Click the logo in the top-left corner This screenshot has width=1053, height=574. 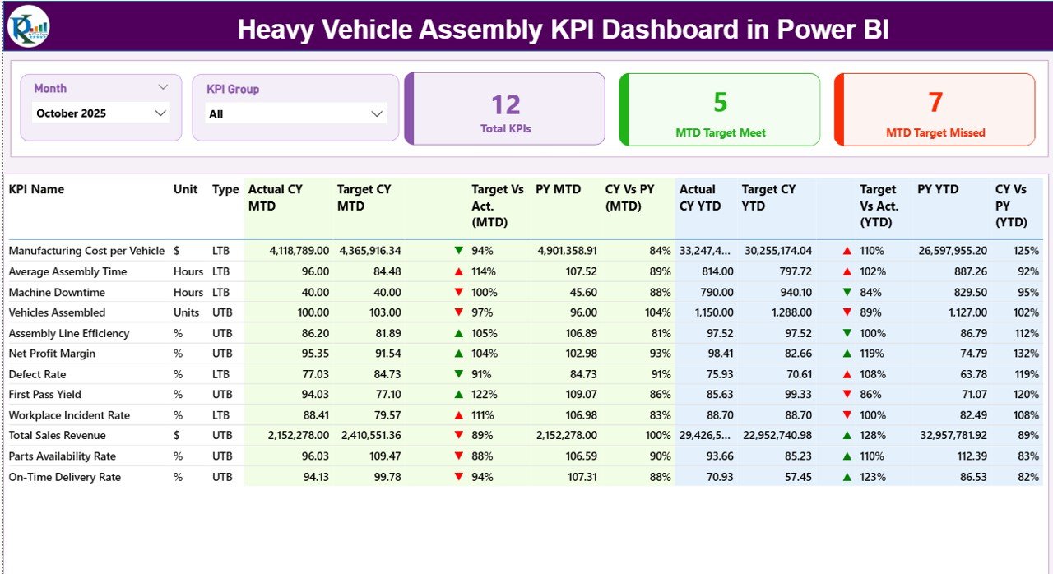[29, 26]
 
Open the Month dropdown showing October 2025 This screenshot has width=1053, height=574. [101, 113]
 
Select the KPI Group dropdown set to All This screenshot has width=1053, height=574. [295, 114]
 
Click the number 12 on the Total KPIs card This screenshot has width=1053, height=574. [506, 104]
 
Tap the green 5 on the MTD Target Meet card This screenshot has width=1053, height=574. [720, 102]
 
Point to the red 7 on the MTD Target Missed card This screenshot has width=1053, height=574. [935, 102]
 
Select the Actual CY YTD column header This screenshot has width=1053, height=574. [698, 197]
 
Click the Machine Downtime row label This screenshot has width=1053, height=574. [56, 292]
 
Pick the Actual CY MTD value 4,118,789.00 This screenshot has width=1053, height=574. [299, 251]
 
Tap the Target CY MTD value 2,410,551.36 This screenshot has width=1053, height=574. [369, 436]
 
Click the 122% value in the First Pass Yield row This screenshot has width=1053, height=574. [485, 395]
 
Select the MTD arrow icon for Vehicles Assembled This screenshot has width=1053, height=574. [459, 312]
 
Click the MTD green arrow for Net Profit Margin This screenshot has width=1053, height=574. [459, 354]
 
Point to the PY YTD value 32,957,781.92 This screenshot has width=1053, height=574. [944, 436]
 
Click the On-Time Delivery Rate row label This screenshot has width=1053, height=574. [64, 477]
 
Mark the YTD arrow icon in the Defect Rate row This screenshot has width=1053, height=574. [847, 374]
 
